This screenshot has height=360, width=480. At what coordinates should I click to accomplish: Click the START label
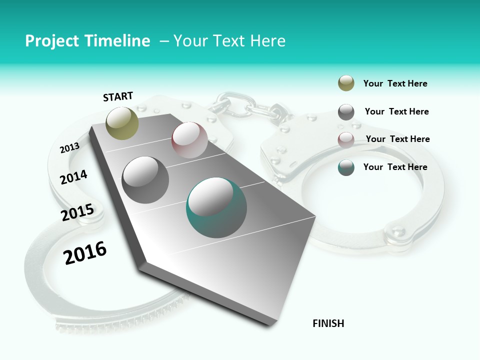(118, 96)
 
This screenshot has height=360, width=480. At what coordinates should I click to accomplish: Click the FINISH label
(328, 323)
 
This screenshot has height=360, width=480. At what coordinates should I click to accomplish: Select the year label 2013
(69, 147)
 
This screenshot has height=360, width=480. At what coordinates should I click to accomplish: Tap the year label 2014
(73, 177)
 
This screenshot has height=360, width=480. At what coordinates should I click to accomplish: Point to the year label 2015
(77, 213)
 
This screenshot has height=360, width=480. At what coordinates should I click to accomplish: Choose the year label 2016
(85, 252)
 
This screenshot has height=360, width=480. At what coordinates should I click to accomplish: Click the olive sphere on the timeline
(122, 123)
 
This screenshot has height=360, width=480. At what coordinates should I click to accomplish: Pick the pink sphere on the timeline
(189, 140)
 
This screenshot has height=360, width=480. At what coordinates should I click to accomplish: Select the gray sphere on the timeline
(145, 179)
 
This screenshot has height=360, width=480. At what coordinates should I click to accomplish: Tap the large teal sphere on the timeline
(216, 207)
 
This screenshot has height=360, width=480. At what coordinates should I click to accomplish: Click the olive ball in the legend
(346, 83)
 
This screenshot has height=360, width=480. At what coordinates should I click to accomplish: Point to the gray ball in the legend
(346, 112)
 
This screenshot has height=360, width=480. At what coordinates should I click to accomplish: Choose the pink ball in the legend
(346, 139)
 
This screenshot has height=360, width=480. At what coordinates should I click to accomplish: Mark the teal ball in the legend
(346, 167)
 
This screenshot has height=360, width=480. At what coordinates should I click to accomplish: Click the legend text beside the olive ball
(395, 83)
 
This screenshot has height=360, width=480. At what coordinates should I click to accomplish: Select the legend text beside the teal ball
(395, 167)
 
